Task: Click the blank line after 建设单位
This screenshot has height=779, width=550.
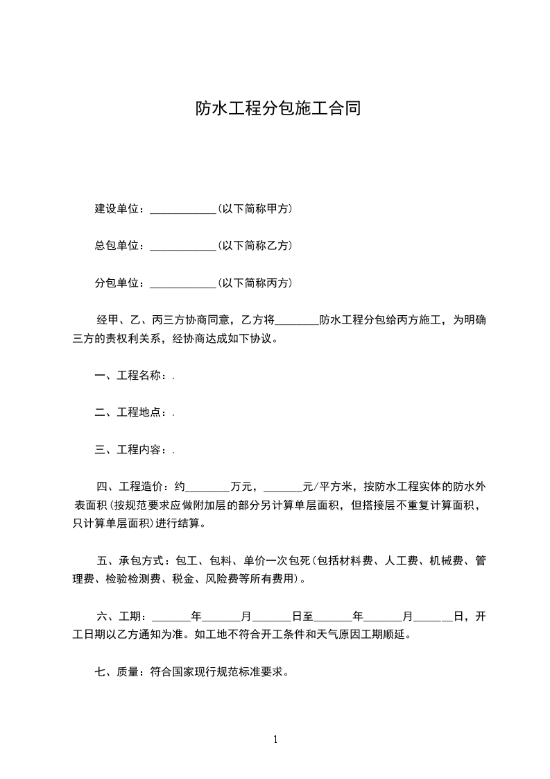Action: pos(183,209)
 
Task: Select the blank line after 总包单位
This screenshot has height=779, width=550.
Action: pos(183,246)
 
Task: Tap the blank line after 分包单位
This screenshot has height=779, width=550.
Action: pos(183,283)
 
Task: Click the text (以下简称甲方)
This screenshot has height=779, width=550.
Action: pos(255,208)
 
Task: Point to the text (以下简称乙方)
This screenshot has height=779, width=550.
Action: pos(255,245)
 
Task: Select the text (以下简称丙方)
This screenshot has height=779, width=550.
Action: pos(255,283)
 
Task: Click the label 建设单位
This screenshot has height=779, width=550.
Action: pos(119,208)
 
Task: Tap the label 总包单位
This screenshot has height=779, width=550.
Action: pos(119,245)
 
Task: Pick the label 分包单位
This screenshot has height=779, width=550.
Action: pos(119,283)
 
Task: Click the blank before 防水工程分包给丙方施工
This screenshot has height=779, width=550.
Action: pos(296,321)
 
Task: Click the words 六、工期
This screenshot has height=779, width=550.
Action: pos(120,616)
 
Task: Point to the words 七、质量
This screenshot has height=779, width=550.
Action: pos(119,671)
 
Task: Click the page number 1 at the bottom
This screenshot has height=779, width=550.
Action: pos(275,739)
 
